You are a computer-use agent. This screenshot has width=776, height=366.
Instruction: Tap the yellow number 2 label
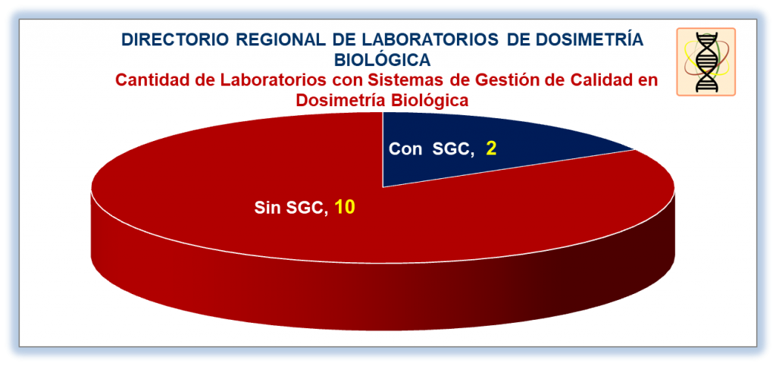pos(491,149)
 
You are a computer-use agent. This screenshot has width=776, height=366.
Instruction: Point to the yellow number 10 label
pos(345,208)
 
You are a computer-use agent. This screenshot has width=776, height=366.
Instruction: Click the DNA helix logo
pos(706,61)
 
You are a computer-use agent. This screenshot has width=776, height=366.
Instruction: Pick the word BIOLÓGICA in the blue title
pos(383,60)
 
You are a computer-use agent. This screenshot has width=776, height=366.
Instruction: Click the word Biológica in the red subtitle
pos(427,100)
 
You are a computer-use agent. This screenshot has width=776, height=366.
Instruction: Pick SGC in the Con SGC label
pos(451,149)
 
